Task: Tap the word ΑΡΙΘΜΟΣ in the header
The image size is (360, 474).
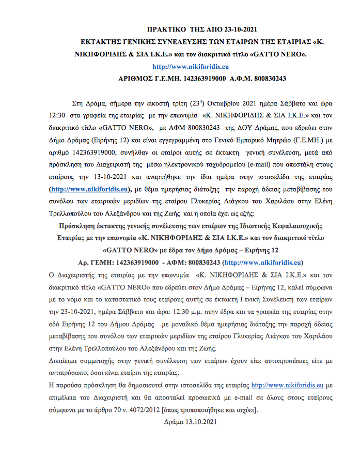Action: point(136,78)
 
